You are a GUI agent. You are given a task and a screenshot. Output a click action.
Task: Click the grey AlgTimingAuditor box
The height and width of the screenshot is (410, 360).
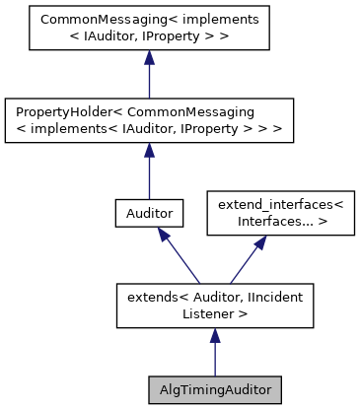click(x=214, y=388)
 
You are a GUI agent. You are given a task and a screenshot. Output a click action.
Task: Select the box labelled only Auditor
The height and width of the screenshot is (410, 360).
click(x=148, y=212)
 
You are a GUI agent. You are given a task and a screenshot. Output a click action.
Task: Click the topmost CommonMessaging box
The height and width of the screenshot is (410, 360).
click(x=148, y=28)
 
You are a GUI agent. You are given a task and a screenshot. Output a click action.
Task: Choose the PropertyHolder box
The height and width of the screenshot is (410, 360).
click(x=148, y=119)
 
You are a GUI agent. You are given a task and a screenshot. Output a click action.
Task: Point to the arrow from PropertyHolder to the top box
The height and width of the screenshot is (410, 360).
click(x=148, y=77)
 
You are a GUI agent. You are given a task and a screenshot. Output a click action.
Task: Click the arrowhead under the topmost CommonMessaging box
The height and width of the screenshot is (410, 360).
click(x=148, y=59)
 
